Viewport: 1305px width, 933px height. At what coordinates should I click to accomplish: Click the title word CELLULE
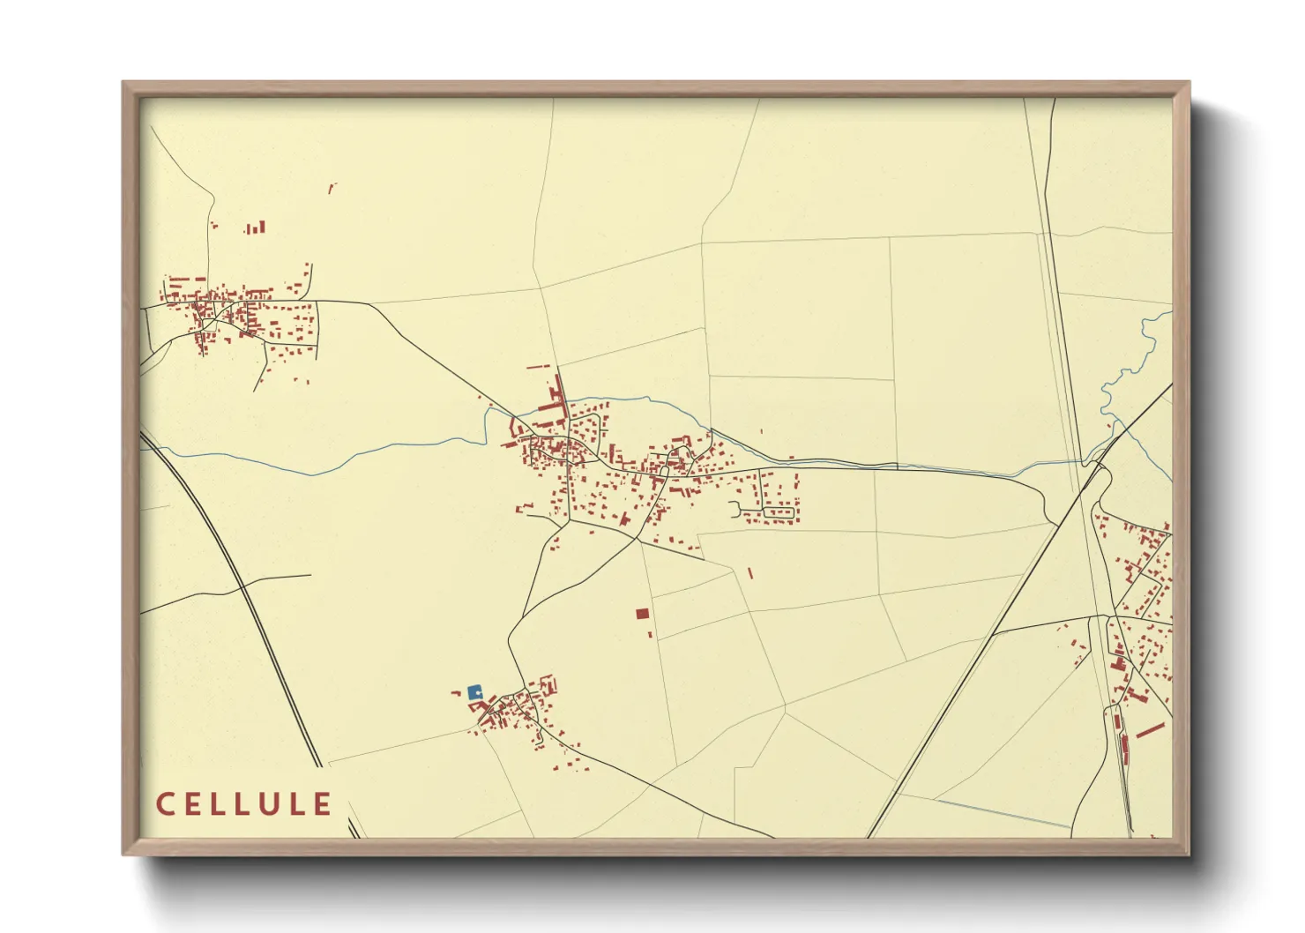point(244,804)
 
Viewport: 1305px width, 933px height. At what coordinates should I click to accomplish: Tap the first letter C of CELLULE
point(164,804)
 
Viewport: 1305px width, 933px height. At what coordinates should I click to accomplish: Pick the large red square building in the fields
point(642,614)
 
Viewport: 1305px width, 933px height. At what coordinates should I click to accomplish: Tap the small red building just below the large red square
point(651,633)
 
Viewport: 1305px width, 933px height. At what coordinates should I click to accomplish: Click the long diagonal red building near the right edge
point(1151,730)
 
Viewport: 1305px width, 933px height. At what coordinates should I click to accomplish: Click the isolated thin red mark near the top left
point(332,187)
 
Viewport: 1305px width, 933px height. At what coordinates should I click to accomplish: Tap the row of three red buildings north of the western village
point(256,228)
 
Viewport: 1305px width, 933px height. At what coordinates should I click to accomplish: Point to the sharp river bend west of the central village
point(487,419)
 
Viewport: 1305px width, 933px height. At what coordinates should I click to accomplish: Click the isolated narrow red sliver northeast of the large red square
point(750,573)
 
